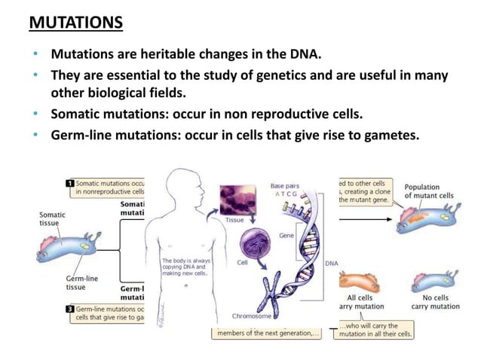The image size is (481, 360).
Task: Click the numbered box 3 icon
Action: (x=69, y=309)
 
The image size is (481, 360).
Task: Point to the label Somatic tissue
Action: (x=52, y=218)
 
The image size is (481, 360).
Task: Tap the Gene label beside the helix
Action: (x=286, y=236)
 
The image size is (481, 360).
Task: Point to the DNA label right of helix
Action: (x=331, y=264)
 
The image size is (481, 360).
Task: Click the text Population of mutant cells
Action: (x=433, y=193)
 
